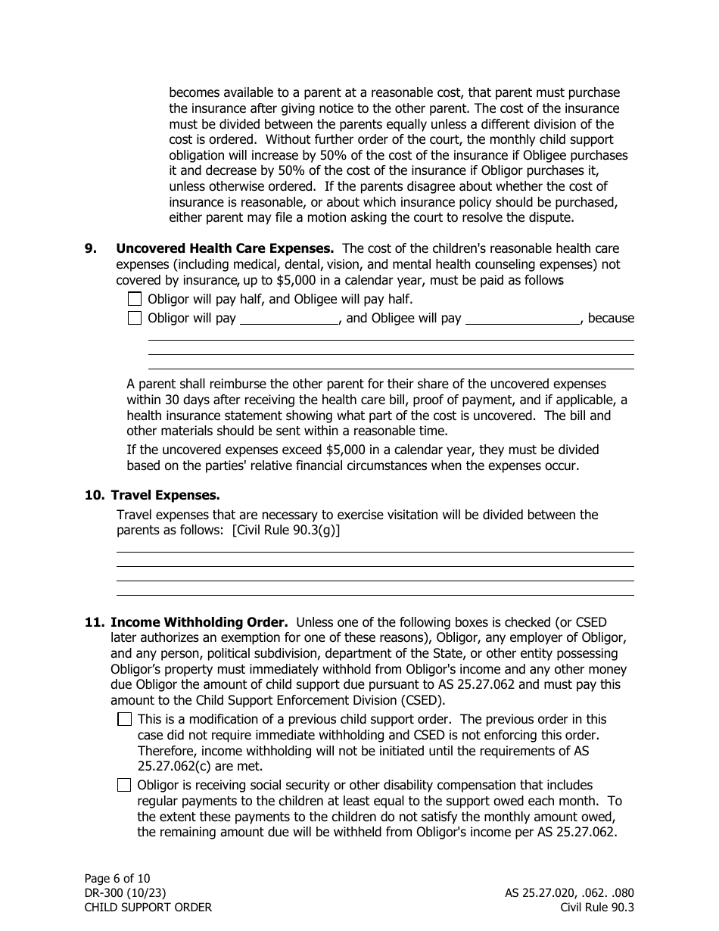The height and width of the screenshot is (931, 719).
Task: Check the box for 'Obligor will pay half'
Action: (x=135, y=299)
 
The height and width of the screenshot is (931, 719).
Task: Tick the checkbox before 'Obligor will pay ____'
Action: (x=135, y=318)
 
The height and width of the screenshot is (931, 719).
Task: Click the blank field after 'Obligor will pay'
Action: (x=289, y=318)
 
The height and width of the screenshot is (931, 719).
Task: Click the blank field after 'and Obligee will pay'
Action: (x=522, y=318)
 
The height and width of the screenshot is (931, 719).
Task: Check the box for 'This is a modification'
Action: (x=125, y=720)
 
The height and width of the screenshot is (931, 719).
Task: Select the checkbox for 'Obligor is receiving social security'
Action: (x=125, y=786)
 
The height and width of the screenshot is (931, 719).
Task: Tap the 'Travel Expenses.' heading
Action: (x=165, y=495)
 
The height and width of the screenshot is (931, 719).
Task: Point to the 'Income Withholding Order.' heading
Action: (x=199, y=622)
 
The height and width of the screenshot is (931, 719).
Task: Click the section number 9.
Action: (x=90, y=248)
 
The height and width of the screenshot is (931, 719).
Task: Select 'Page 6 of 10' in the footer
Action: (x=117, y=878)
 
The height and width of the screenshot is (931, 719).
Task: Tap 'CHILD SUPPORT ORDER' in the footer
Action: (x=148, y=908)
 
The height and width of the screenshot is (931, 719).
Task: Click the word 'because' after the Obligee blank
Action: (x=611, y=318)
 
